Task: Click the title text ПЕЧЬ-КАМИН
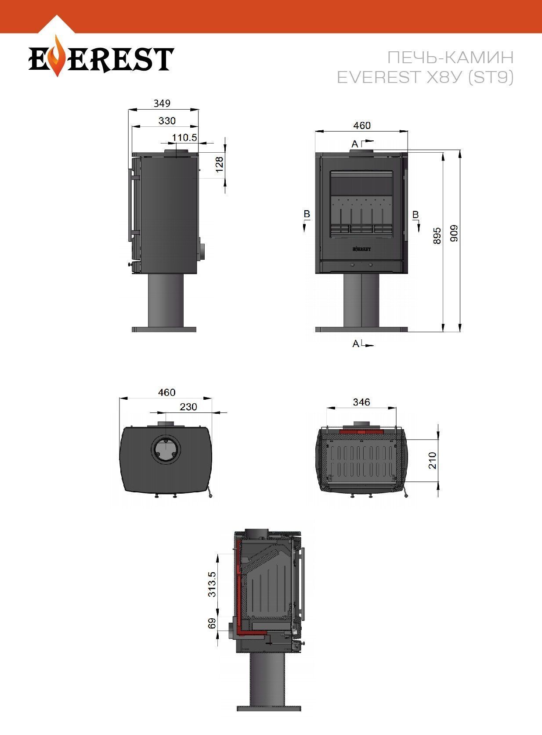click(x=450, y=57)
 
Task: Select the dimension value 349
click(x=162, y=104)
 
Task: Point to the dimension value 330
click(x=167, y=121)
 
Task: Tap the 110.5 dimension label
click(x=184, y=137)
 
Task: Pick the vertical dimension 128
click(x=220, y=164)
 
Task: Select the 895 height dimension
click(x=437, y=236)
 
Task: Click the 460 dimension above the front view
click(x=362, y=125)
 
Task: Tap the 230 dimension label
click(x=188, y=407)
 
